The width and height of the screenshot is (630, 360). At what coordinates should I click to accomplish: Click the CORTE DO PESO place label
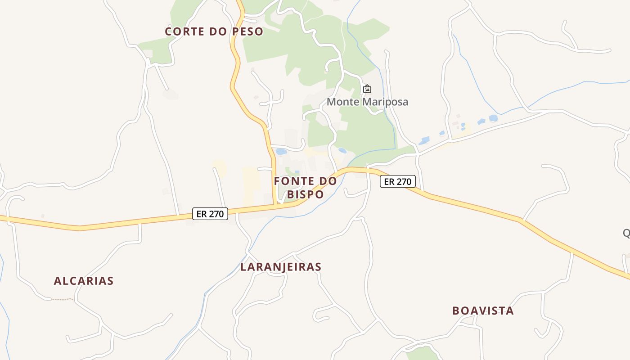pyautogui.click(x=214, y=31)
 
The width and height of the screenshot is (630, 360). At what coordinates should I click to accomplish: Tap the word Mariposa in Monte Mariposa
pyautogui.click(x=385, y=102)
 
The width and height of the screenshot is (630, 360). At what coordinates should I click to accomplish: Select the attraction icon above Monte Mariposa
pyautogui.click(x=367, y=89)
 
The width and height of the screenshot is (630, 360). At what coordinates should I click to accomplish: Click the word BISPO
pyautogui.click(x=305, y=194)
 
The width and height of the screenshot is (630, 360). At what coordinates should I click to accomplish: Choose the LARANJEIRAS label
pyautogui.click(x=281, y=267)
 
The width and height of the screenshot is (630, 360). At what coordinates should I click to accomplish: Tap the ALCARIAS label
pyautogui.click(x=84, y=281)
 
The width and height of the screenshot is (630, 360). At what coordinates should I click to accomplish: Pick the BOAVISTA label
pyautogui.click(x=483, y=311)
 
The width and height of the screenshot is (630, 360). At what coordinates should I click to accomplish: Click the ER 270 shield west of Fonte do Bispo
pyautogui.click(x=210, y=214)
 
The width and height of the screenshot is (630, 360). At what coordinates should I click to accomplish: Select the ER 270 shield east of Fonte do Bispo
pyautogui.click(x=398, y=182)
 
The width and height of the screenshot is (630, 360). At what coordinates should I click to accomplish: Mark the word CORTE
pyautogui.click(x=182, y=31)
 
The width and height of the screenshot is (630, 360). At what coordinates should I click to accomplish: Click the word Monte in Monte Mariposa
pyautogui.click(x=343, y=102)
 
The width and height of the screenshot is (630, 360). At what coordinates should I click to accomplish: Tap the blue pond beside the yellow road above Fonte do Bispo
pyautogui.click(x=281, y=152)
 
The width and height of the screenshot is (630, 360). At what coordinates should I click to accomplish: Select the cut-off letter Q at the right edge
pyautogui.click(x=626, y=233)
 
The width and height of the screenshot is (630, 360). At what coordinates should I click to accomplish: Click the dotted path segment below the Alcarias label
pyautogui.click(x=62, y=299)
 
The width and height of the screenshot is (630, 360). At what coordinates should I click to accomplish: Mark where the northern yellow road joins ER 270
pyautogui.click(x=275, y=205)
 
